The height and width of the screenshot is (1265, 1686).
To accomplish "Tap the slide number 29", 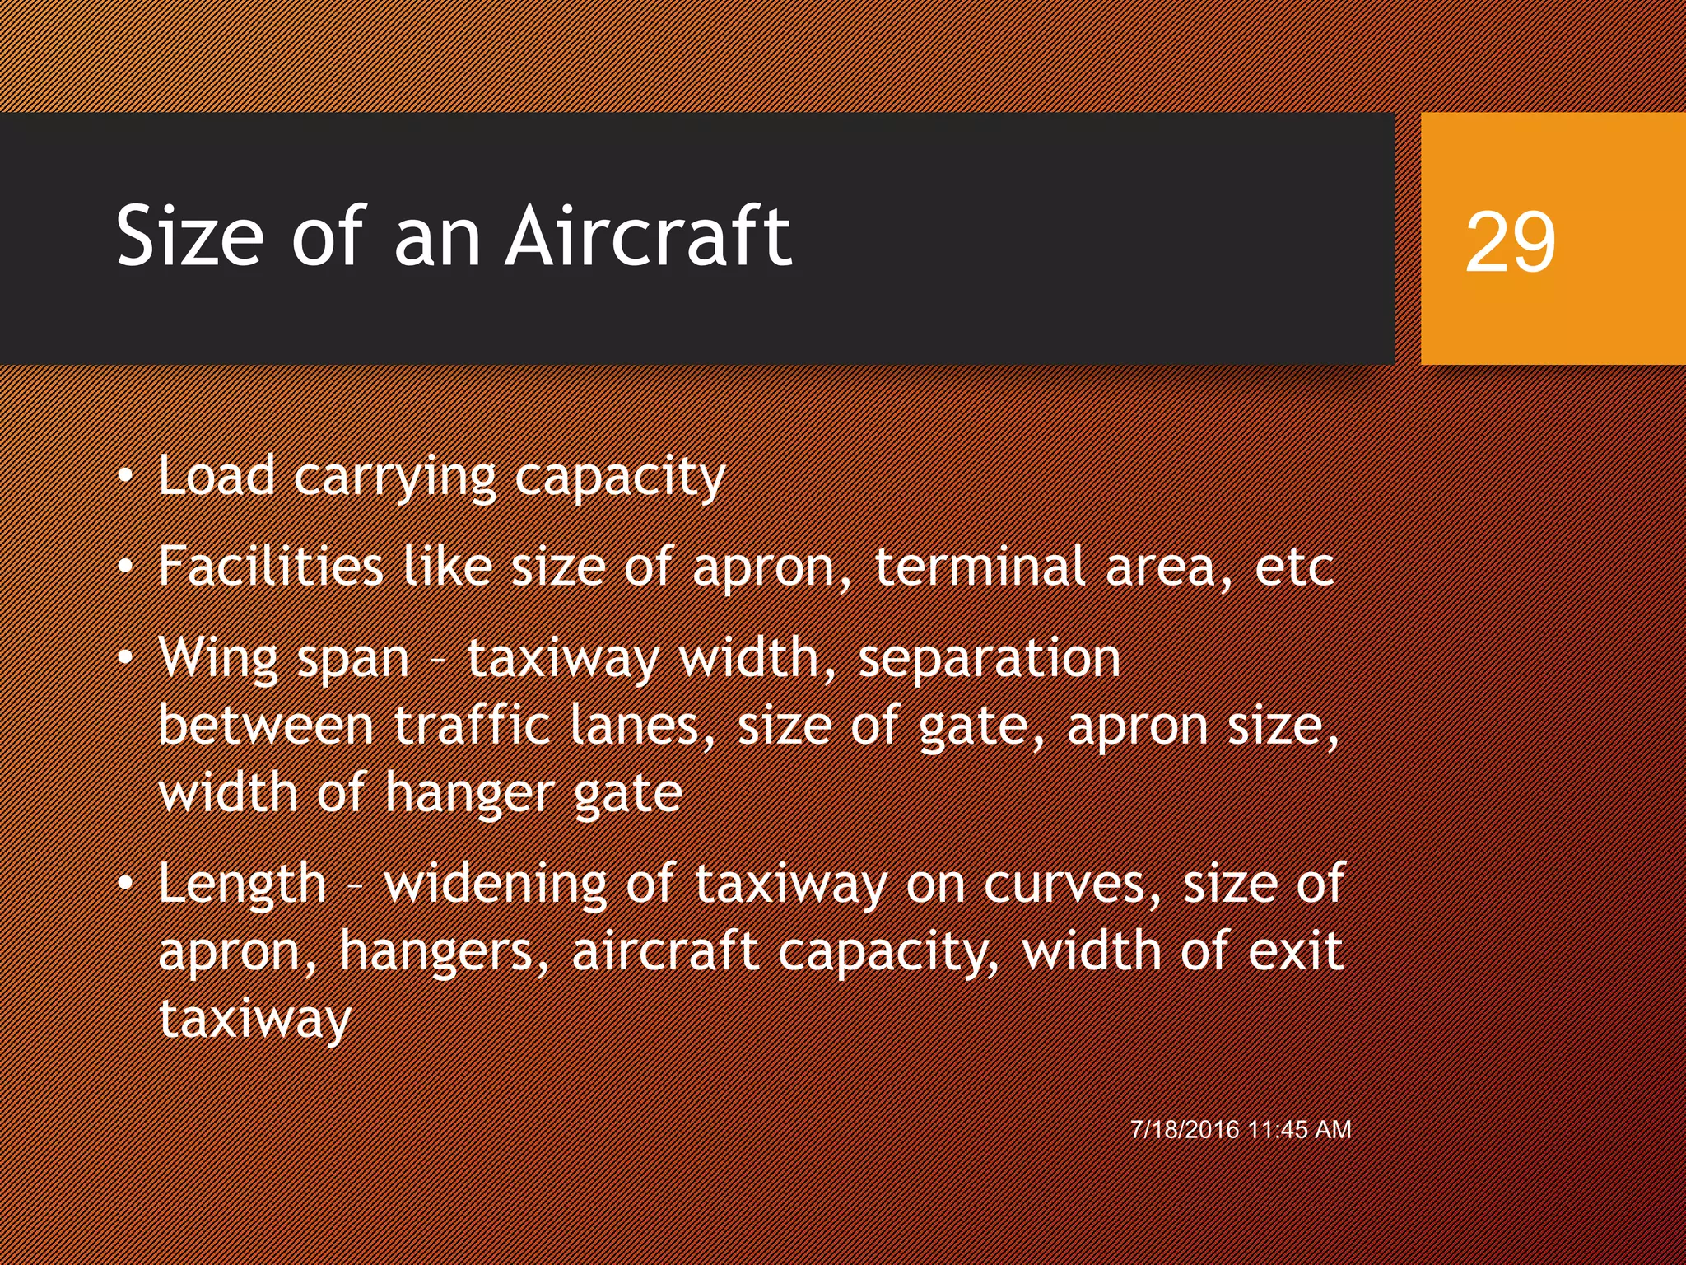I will pos(1510,241).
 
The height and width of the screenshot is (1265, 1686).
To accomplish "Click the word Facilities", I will pos(271,567).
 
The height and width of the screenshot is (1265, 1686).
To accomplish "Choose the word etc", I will pos(1294,568).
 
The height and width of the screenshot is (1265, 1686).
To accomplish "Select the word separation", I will pos(990,659).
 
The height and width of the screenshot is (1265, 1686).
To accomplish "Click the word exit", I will pos(1296,950).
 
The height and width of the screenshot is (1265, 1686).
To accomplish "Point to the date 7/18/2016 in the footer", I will pos(1185,1129).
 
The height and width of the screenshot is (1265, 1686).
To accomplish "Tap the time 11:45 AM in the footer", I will pos(1300,1129).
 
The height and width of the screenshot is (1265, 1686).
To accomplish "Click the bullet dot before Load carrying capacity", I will pos(124,477).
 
